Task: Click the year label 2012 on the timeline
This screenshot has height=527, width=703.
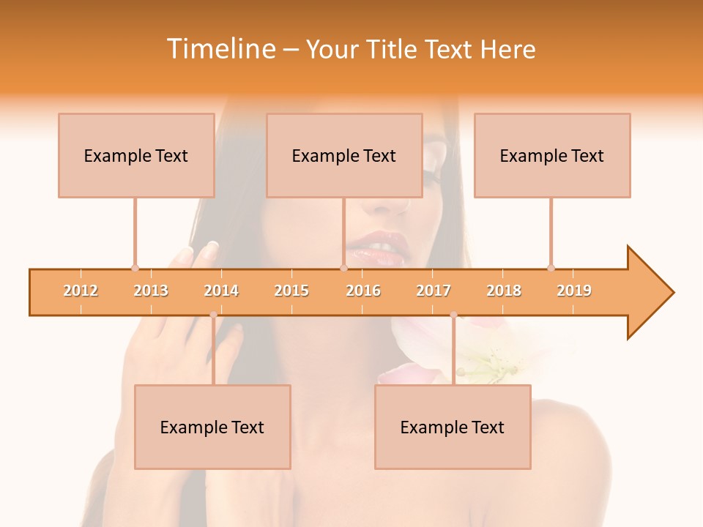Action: [81, 291]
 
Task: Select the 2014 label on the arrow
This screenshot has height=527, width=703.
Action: [221, 291]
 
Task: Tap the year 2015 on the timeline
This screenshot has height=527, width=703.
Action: [291, 291]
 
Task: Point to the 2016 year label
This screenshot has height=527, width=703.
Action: [363, 291]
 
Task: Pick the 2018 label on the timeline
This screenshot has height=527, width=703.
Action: [504, 291]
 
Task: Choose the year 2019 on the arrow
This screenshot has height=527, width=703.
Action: [574, 291]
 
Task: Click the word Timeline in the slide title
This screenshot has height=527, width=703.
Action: [220, 49]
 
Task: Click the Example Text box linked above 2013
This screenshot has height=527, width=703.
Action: [136, 155]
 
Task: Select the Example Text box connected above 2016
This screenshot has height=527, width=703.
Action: [344, 155]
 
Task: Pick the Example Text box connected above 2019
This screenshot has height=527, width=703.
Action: [552, 155]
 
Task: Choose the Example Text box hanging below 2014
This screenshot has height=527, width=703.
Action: [212, 427]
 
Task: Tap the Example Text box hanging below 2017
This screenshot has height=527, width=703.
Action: [453, 427]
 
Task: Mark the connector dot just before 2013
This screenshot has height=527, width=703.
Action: [135, 268]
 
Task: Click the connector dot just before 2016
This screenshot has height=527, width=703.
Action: [343, 268]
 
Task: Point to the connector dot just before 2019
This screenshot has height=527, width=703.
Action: [551, 268]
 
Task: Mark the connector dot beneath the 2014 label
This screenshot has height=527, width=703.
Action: [213, 315]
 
